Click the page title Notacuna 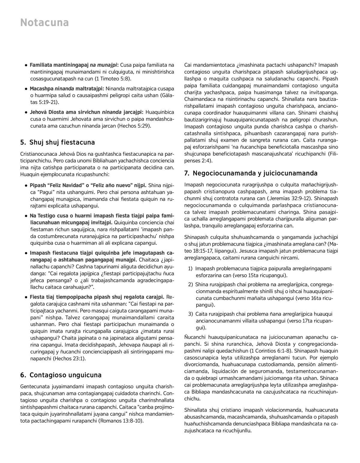44,23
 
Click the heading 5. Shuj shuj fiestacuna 58,142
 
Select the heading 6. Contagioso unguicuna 61,375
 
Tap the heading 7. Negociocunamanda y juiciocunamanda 251,173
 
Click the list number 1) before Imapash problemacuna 190,269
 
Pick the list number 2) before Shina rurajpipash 190,284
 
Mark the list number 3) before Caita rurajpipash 190,314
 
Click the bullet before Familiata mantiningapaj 27,65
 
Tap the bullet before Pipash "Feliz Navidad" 27,185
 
